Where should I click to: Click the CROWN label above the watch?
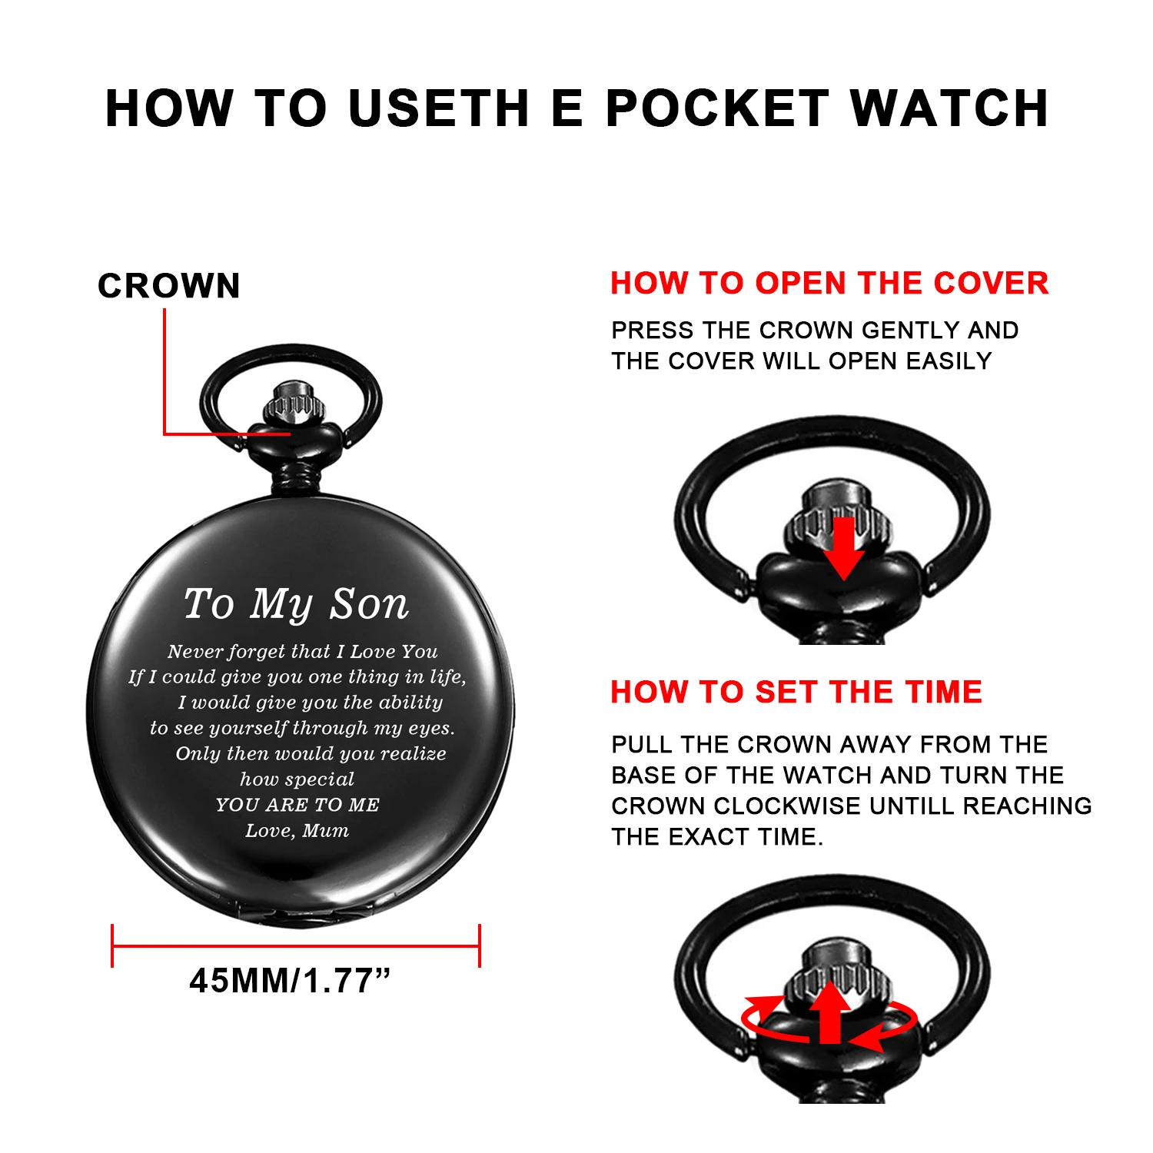tap(169, 286)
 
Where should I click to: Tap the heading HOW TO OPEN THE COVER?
tap(829, 283)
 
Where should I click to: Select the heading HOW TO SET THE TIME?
tap(796, 692)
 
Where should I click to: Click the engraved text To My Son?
tap(296, 604)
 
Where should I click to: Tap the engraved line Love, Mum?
tap(297, 831)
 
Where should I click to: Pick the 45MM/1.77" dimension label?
tap(290, 981)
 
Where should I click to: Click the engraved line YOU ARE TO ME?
tap(297, 805)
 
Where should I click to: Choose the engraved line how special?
tap(297, 779)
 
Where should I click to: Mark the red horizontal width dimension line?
tap(296, 945)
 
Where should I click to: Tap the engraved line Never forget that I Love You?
tap(302, 652)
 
